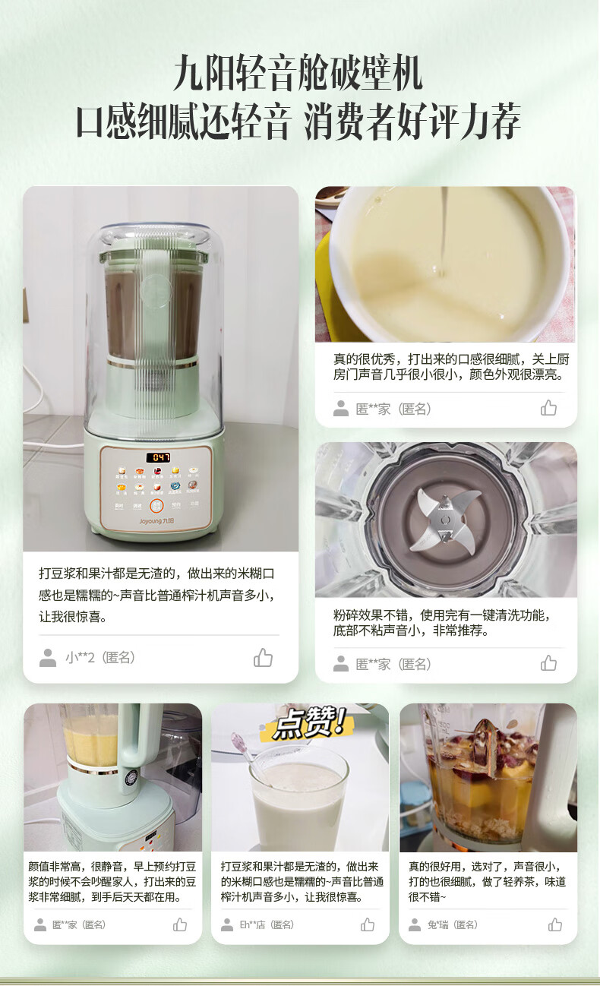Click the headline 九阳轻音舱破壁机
coord(298,74)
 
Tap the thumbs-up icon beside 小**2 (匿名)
coord(263,658)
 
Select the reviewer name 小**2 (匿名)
coord(99,658)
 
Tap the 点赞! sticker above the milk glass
coord(307,724)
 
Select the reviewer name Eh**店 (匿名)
coord(268,924)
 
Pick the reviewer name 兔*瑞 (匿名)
coord(453,924)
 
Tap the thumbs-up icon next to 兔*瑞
coord(555,924)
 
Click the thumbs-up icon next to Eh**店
coord(368,924)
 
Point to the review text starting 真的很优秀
coord(450,366)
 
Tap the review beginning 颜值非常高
coord(112,881)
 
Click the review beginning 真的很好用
coord(487,881)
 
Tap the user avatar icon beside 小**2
coord(48,658)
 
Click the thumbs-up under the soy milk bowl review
coord(548,408)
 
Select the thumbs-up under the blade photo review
coord(548,664)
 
